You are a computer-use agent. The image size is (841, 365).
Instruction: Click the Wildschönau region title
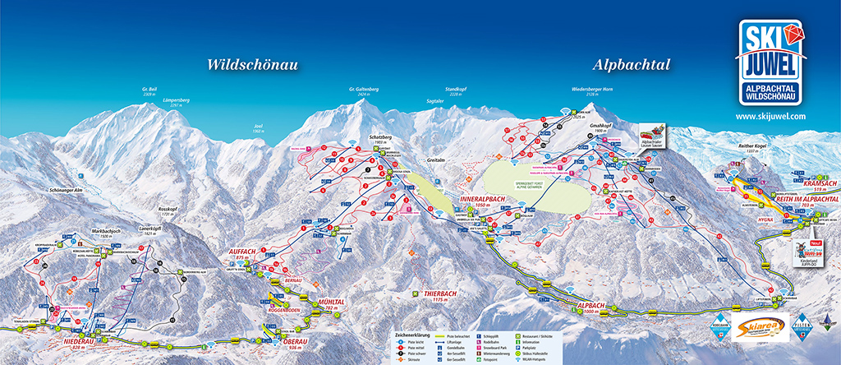click(x=252, y=65)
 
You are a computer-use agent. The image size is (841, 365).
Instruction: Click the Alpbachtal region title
click(x=631, y=65)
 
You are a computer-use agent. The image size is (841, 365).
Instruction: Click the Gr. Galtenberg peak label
click(x=363, y=90)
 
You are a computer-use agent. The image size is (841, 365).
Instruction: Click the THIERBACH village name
click(x=440, y=293)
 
